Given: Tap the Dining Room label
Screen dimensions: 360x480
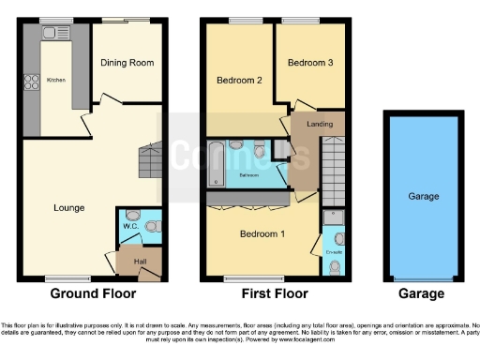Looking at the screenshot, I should click(127, 64).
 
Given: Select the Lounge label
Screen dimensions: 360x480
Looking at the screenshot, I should click(70, 207).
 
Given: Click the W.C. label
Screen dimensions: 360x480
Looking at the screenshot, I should click(130, 226).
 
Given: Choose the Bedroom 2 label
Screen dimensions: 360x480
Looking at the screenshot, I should click(239, 81).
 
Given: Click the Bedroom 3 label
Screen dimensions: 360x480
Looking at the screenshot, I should click(309, 63).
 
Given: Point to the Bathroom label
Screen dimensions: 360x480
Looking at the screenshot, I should click(248, 175).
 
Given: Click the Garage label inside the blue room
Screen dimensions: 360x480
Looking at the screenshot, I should click(424, 198).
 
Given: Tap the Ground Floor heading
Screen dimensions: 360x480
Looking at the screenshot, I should click(88, 294).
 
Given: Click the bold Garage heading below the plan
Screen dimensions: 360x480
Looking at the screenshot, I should click(422, 294).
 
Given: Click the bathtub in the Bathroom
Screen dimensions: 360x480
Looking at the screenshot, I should click(217, 161).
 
